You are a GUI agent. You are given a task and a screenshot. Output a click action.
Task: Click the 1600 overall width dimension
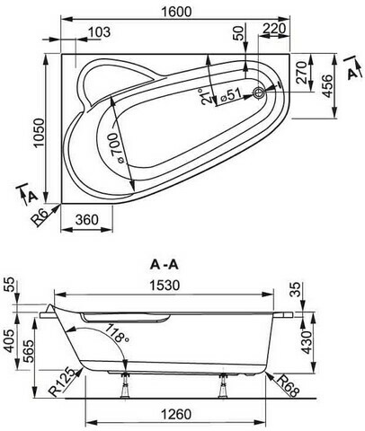tap(176, 12)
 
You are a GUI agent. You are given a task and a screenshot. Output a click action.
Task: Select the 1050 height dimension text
tap(40, 133)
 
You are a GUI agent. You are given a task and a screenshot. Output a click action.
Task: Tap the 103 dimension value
tap(100, 32)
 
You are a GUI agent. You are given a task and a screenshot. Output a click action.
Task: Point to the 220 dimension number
tap(274, 29)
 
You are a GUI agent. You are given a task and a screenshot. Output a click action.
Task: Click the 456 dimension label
tap(327, 86)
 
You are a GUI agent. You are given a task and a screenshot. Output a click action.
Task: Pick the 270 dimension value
tap(301, 72)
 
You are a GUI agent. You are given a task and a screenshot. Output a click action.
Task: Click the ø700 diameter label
tap(115, 148)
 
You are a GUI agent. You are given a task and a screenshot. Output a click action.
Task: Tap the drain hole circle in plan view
tap(258, 93)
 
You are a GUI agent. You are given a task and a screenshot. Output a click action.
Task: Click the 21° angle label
tap(207, 96)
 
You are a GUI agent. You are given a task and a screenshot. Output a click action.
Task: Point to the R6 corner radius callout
tap(40, 217)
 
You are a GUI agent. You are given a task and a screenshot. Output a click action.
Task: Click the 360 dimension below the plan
tap(86, 220)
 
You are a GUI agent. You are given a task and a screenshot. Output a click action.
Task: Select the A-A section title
tap(165, 265)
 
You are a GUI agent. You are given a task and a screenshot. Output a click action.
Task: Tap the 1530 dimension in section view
tap(165, 285)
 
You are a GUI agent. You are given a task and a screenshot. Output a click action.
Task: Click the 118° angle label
tap(118, 333)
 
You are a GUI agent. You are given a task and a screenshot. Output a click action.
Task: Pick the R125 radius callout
tap(61, 382)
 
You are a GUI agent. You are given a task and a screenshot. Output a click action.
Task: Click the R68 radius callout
tap(288, 386)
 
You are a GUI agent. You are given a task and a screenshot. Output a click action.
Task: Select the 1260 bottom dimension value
tap(176, 415)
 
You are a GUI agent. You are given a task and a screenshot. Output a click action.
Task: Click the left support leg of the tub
tap(125, 385)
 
